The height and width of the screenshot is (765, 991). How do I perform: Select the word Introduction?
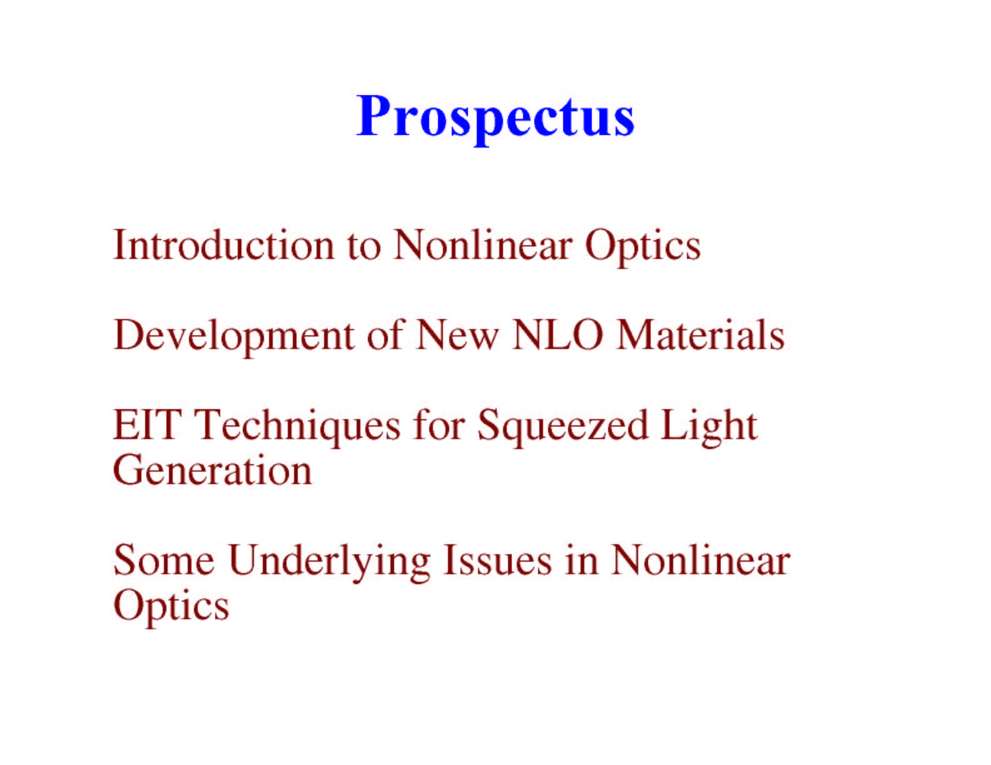click(224, 245)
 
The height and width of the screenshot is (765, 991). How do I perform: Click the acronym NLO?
click(557, 335)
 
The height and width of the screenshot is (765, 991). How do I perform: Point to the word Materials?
click(701, 335)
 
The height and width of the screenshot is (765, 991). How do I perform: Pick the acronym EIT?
click(146, 425)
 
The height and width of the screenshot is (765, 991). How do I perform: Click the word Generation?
click(213, 470)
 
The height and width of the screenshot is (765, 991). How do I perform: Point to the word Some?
click(164, 560)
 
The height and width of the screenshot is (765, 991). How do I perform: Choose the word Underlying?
click(329, 563)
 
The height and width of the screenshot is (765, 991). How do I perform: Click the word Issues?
click(497, 560)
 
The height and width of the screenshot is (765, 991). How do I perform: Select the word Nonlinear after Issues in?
click(701, 560)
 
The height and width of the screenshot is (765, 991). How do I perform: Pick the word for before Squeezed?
click(439, 425)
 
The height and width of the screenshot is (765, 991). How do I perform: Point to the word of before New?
click(386, 335)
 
